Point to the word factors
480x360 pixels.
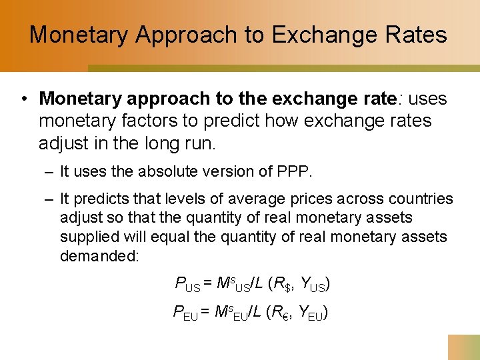point(164,121)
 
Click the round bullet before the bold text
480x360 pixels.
point(23,99)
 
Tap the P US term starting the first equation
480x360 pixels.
point(187,285)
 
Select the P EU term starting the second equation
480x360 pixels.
point(185,312)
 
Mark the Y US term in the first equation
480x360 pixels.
point(313,285)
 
